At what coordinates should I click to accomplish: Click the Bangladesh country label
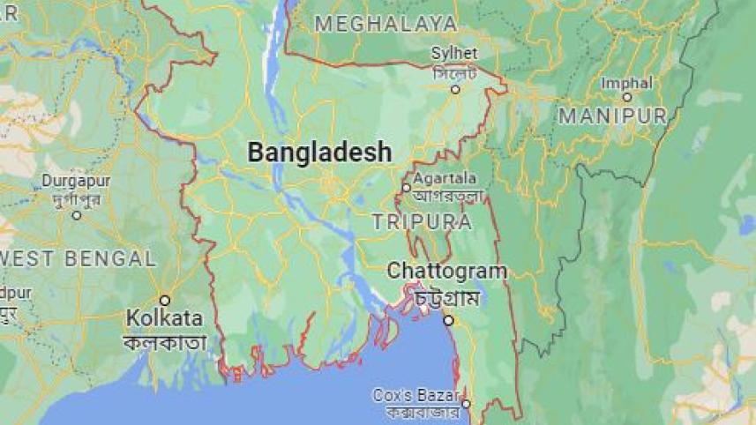pyautogui.click(x=319, y=153)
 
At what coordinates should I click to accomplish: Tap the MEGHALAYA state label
pyautogui.click(x=385, y=24)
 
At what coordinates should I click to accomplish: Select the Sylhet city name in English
pyautogui.click(x=454, y=54)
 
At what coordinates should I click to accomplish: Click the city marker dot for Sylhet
pyautogui.click(x=456, y=89)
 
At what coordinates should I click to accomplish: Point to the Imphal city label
pyautogui.click(x=626, y=83)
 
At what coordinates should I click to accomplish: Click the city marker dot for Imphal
pyautogui.click(x=626, y=97)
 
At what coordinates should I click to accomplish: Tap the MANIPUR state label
pyautogui.click(x=612, y=116)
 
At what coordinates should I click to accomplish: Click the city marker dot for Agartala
pyautogui.click(x=406, y=188)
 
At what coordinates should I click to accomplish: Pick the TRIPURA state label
pyautogui.click(x=421, y=221)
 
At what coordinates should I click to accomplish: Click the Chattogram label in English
pyautogui.click(x=446, y=271)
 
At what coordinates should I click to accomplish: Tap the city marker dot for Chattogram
pyautogui.click(x=448, y=320)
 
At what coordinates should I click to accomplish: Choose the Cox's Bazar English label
pyautogui.click(x=416, y=394)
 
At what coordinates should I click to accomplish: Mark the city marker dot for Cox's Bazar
pyautogui.click(x=466, y=404)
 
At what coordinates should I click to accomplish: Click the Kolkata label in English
pyautogui.click(x=164, y=317)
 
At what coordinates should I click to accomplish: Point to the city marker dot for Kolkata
pyautogui.click(x=164, y=300)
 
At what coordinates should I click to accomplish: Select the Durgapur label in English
pyautogui.click(x=76, y=181)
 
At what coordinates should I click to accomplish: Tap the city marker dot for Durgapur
pyautogui.click(x=77, y=214)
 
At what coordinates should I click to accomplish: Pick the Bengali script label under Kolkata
pyautogui.click(x=165, y=342)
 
